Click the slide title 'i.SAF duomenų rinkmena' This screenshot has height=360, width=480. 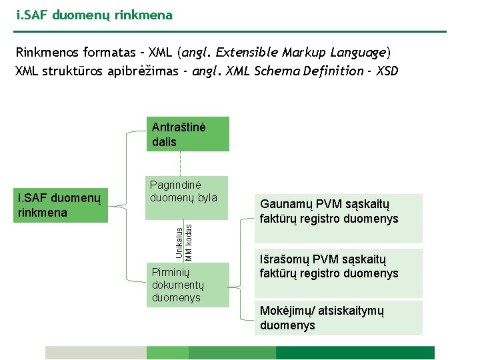(x=94, y=15)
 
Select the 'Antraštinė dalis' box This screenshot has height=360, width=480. (x=187, y=135)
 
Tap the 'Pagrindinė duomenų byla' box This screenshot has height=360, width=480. (x=187, y=197)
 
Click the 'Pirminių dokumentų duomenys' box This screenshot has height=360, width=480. (x=187, y=285)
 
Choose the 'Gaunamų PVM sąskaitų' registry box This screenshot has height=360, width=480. (x=339, y=218)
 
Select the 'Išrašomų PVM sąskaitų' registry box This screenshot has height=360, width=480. (x=339, y=273)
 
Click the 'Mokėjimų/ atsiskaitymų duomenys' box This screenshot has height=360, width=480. (x=339, y=318)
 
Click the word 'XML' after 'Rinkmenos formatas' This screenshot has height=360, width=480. (x=161, y=52)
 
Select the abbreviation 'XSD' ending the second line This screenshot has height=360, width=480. (x=387, y=71)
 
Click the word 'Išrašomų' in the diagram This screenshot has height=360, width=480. (x=283, y=259)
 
